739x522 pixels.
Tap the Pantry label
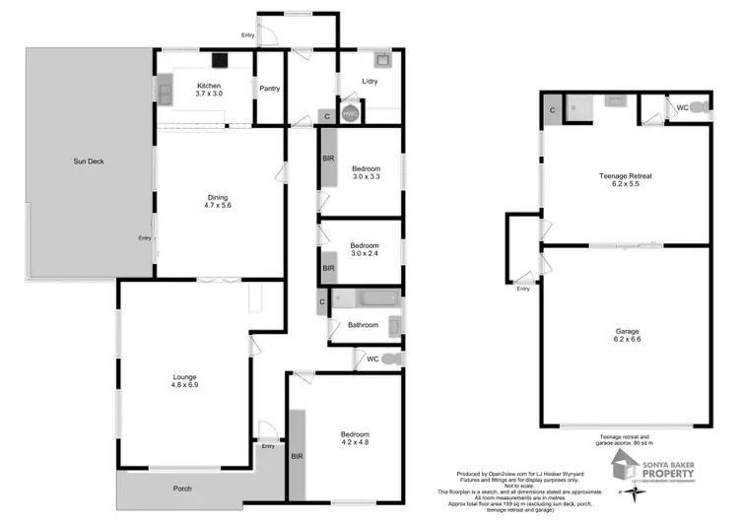coord(270,89)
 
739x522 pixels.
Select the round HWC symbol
coord(350,113)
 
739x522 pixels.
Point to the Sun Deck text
coord(89,161)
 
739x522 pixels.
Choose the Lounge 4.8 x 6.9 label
coord(185,381)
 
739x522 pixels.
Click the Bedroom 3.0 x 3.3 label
coord(366,172)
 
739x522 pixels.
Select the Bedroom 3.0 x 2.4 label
coord(366,249)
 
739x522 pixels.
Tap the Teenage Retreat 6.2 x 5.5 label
coord(626,180)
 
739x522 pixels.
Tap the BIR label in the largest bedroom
coord(297,457)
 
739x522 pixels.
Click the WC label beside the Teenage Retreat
coord(681,107)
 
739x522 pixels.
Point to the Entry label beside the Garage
coord(522,289)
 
